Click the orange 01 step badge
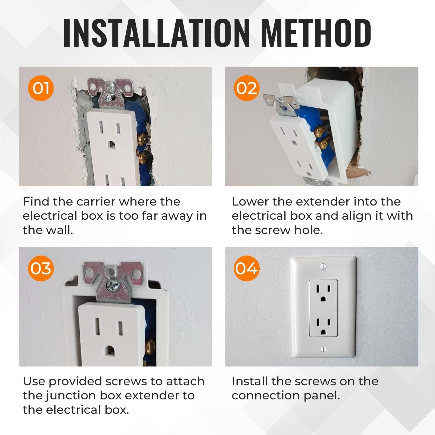click(x=41, y=88)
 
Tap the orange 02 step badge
click(x=247, y=88)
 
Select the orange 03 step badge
click(x=41, y=268)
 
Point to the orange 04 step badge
click(x=247, y=268)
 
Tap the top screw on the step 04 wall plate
click(x=323, y=266)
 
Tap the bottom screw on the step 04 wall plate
click(x=323, y=349)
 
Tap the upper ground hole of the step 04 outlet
click(x=323, y=298)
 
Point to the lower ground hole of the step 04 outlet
click(x=323, y=332)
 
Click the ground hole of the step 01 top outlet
click(x=111, y=144)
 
